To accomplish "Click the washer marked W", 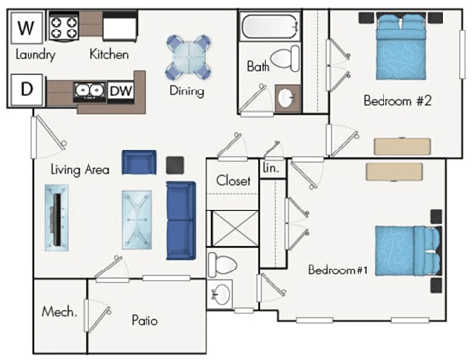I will [27, 26].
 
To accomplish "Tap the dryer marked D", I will [26, 90].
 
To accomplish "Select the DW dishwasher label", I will [121, 91].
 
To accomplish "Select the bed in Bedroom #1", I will [401, 253].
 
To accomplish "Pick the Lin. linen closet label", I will [271, 169].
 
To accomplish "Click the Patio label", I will [145, 320].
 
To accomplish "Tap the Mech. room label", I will [59, 312].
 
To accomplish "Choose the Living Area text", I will [79, 169].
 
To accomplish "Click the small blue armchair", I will [139, 163].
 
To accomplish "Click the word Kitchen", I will [109, 54].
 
